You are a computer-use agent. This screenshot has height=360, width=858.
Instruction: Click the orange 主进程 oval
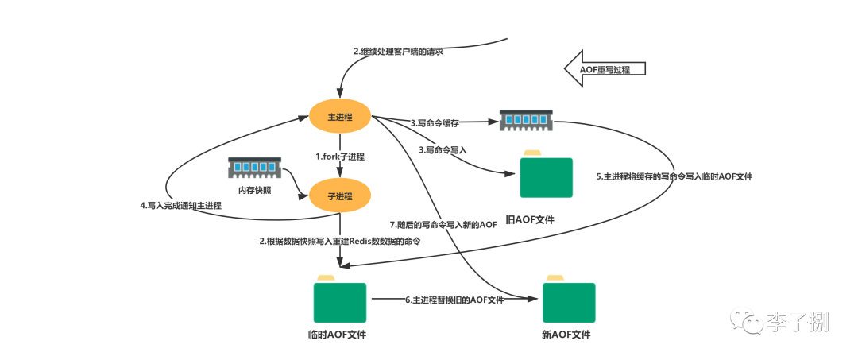340,117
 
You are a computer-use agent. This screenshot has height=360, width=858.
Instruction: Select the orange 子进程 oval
340,195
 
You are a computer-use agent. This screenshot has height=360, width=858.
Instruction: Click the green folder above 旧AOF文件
546,173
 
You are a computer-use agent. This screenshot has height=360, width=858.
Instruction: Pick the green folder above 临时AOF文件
340,298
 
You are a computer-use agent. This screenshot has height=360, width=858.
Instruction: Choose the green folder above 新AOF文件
569,298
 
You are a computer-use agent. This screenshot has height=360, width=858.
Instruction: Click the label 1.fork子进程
340,157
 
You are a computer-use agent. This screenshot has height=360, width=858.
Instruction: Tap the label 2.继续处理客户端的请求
398,52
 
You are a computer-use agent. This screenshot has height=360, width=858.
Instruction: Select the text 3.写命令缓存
435,124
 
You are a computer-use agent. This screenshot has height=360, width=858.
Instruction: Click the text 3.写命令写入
443,149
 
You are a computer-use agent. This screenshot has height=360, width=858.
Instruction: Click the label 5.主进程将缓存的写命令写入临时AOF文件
674,176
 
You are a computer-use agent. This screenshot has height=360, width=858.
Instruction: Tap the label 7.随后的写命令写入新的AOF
443,226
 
